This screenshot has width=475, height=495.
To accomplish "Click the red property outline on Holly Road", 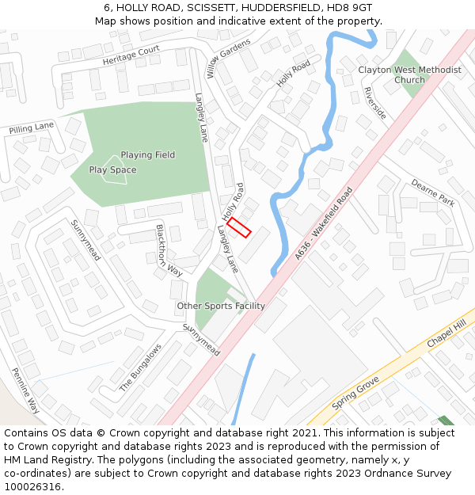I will pyautogui.click(x=239, y=228).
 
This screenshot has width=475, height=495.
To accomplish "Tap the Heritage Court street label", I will pyautogui.click(x=131, y=55).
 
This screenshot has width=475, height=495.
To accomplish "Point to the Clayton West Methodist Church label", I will pyautogui.click(x=409, y=74).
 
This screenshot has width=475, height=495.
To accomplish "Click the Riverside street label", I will pyautogui.click(x=374, y=103).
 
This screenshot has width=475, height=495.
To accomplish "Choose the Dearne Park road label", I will pyautogui.click(x=432, y=192).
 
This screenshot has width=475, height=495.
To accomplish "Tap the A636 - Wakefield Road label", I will pyautogui.click(x=323, y=223).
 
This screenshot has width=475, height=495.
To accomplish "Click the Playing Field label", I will pyautogui.click(x=148, y=155).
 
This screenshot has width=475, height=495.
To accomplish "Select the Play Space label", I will pyautogui.click(x=112, y=170).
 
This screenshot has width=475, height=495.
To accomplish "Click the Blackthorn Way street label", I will pyautogui.click(x=169, y=249).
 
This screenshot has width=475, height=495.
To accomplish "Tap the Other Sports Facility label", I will pyautogui.click(x=221, y=306).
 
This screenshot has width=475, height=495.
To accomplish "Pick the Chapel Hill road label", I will pyautogui.click(x=446, y=333).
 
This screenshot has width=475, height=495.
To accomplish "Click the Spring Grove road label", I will pyautogui.click(x=355, y=393).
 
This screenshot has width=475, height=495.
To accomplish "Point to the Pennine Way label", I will pyautogui.click(x=25, y=390).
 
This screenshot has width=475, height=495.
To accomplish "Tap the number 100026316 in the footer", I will pyautogui.click(x=32, y=486).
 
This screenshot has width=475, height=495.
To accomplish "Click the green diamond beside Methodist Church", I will pyautogui.click(x=408, y=73).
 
